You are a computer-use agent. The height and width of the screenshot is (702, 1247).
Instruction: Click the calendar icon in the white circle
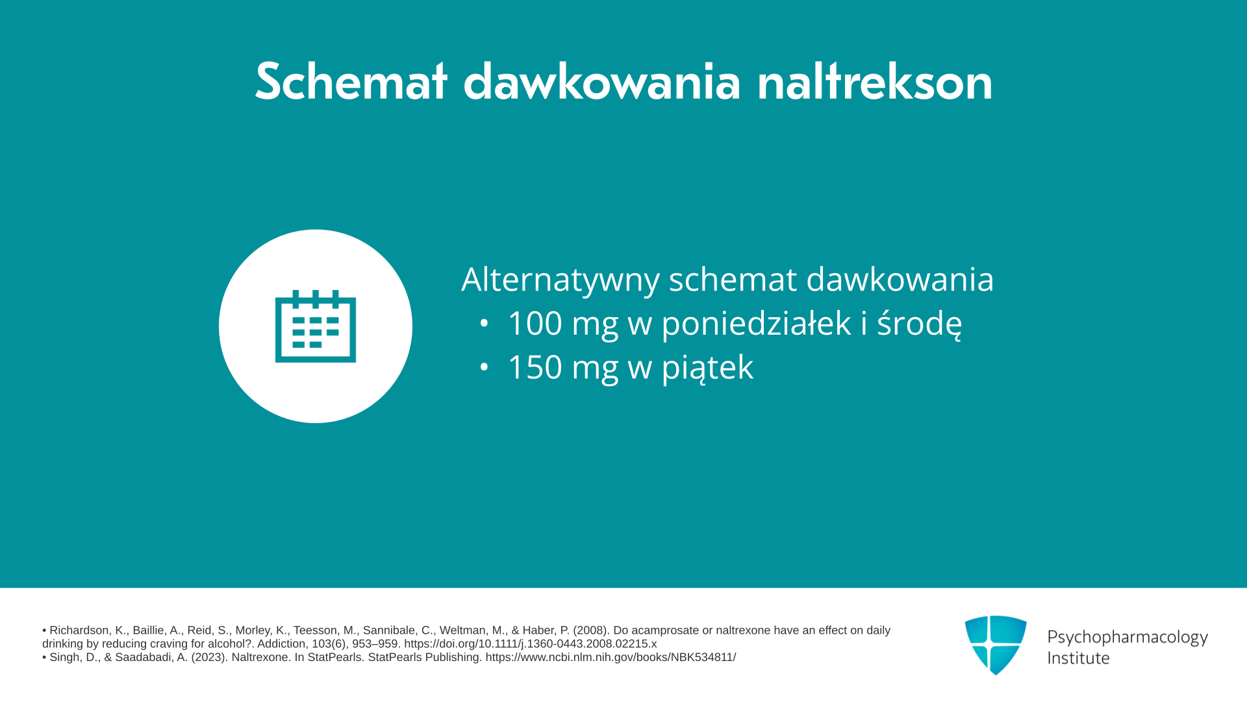[x=316, y=326]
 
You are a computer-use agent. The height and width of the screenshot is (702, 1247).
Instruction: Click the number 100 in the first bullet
[x=535, y=323]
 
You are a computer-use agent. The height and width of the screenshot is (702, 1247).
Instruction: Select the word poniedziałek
[x=756, y=324]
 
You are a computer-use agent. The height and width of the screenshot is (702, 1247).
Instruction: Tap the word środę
[x=920, y=324]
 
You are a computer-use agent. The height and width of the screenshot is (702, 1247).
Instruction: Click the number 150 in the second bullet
[x=535, y=367]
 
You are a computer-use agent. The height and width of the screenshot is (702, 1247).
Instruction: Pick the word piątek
[x=707, y=368]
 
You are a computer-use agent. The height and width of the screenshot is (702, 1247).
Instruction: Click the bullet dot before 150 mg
[x=484, y=367]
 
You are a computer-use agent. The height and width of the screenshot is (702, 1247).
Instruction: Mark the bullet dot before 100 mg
[x=484, y=323]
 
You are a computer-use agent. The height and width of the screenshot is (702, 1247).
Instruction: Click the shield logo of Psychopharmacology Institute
[x=996, y=645]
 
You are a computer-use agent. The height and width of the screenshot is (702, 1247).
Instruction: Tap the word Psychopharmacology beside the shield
[x=1127, y=638]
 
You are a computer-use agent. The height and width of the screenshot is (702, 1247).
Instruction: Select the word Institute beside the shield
[x=1078, y=658]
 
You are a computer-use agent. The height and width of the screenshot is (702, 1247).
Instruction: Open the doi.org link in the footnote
[x=530, y=644]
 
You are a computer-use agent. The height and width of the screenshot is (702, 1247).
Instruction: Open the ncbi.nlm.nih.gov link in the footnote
[x=611, y=658]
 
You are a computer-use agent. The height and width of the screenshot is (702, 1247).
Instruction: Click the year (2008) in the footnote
[x=590, y=630]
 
